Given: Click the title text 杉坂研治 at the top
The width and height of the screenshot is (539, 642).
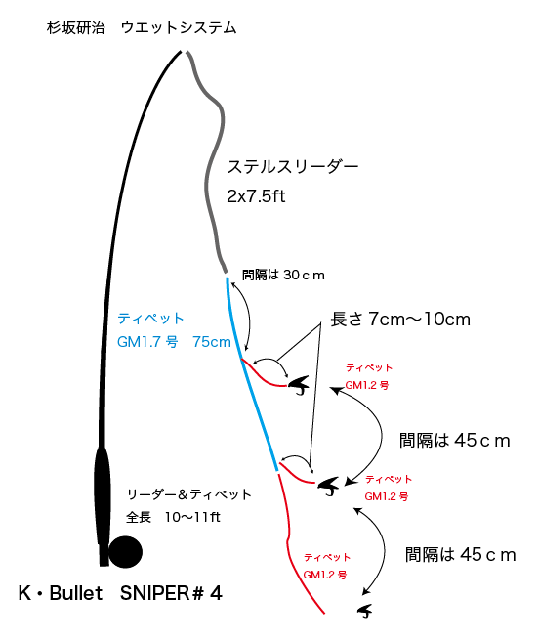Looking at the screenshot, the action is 76,27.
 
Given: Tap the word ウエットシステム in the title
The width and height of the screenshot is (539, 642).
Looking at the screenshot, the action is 179,27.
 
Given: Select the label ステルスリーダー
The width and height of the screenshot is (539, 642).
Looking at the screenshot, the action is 293,167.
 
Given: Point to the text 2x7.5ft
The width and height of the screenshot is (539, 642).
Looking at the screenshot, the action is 256,196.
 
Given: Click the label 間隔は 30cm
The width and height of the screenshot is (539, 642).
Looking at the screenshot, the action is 283,275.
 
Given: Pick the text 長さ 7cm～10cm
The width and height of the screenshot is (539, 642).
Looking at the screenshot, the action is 400,319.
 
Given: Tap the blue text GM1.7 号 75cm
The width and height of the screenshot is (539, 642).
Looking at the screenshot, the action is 174,342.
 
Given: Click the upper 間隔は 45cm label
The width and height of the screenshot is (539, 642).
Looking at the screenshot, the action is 455,441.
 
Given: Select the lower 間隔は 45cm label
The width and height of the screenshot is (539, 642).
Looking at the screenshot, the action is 461,555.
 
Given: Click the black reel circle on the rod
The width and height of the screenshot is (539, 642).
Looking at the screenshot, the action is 125,552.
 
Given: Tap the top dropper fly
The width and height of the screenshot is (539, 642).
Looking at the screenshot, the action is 300,386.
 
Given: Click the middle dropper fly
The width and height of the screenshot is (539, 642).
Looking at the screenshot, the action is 329,487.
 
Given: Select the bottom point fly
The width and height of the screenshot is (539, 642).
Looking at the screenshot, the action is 365,611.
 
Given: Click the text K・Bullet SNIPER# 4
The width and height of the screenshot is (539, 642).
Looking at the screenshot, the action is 120,593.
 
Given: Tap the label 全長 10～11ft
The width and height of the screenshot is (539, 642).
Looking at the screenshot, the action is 173,517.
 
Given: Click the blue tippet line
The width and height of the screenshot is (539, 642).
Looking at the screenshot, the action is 252,374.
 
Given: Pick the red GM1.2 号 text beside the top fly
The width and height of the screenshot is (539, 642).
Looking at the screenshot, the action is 367,385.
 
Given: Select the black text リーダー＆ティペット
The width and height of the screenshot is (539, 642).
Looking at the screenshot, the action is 189,494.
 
